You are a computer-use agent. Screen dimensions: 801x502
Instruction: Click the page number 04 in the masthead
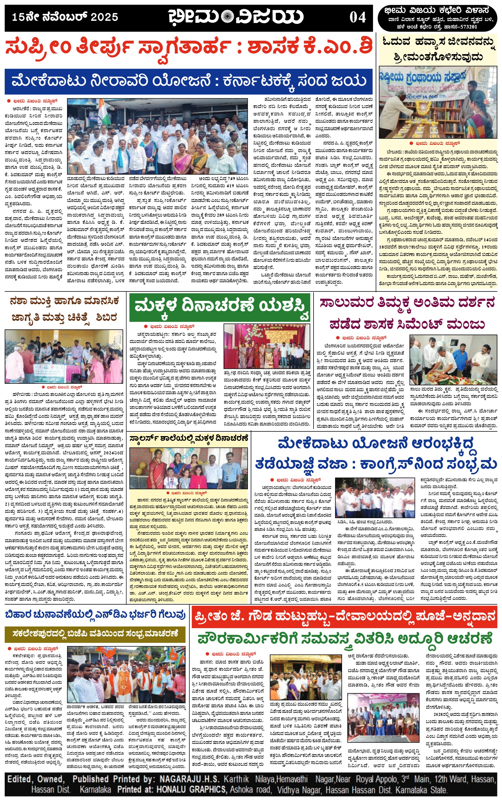click(357, 17)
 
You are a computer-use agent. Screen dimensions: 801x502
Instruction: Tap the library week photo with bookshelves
click(438, 103)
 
